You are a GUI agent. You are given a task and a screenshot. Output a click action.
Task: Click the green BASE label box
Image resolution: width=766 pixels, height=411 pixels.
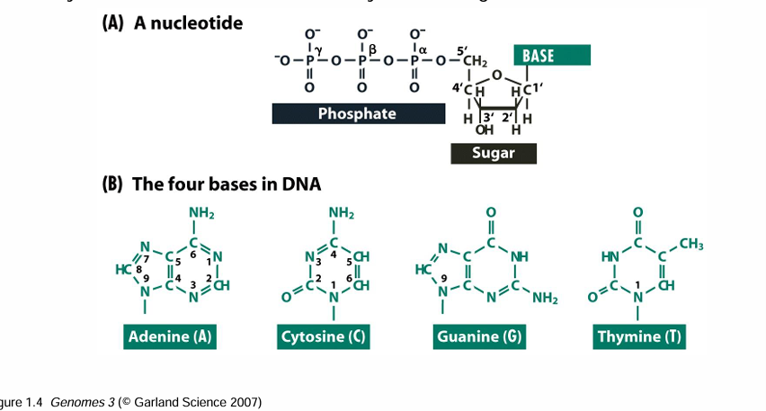pos(551,56)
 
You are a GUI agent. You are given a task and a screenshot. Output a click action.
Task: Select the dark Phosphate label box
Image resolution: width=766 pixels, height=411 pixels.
pos(357,113)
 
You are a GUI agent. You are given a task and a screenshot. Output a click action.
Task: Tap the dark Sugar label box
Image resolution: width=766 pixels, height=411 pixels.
pos(494,153)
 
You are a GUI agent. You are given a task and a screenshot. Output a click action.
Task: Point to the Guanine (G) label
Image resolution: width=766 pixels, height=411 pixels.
pos(479,337)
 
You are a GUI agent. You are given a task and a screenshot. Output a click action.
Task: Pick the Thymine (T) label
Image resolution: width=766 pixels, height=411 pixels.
pos(637,337)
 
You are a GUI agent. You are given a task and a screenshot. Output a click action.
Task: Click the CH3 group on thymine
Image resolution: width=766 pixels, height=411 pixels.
pos(691,245)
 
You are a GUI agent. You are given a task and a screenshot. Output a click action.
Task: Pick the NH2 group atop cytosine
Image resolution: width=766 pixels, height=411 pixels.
pos(341,213)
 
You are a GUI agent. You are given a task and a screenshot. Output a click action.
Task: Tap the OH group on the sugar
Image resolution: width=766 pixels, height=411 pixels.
pos(484,130)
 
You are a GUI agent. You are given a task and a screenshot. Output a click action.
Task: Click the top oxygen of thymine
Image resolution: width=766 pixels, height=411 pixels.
pos(637,213)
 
